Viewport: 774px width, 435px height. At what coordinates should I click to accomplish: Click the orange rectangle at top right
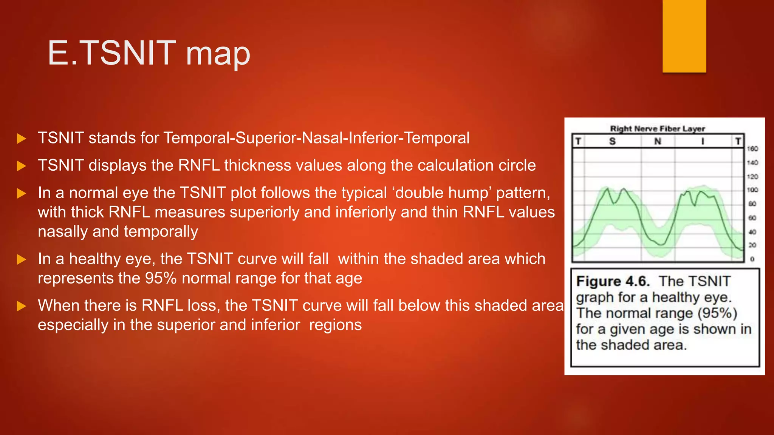tap(684, 36)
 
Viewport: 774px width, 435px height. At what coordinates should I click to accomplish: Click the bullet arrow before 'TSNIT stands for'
tap(22, 139)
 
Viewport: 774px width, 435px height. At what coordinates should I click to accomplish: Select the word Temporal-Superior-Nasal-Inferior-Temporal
tap(316, 138)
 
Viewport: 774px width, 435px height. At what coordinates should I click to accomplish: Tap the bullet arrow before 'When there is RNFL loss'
tap(22, 306)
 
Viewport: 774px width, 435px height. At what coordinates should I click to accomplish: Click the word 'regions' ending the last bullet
tap(335, 325)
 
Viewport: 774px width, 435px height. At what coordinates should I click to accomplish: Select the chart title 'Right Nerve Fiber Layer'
tap(658, 128)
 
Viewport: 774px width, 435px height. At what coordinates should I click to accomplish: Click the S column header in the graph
tap(612, 141)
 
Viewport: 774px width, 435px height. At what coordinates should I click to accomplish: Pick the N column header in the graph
tap(658, 141)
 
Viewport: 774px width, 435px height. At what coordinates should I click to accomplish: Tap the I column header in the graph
tap(703, 141)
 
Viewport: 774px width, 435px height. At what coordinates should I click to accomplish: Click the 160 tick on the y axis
tap(752, 149)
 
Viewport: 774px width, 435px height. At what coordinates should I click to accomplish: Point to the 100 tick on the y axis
tap(752, 190)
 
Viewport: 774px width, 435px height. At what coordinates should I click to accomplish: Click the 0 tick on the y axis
tap(752, 259)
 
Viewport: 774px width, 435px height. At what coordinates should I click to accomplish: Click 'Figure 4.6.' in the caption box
tap(613, 281)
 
